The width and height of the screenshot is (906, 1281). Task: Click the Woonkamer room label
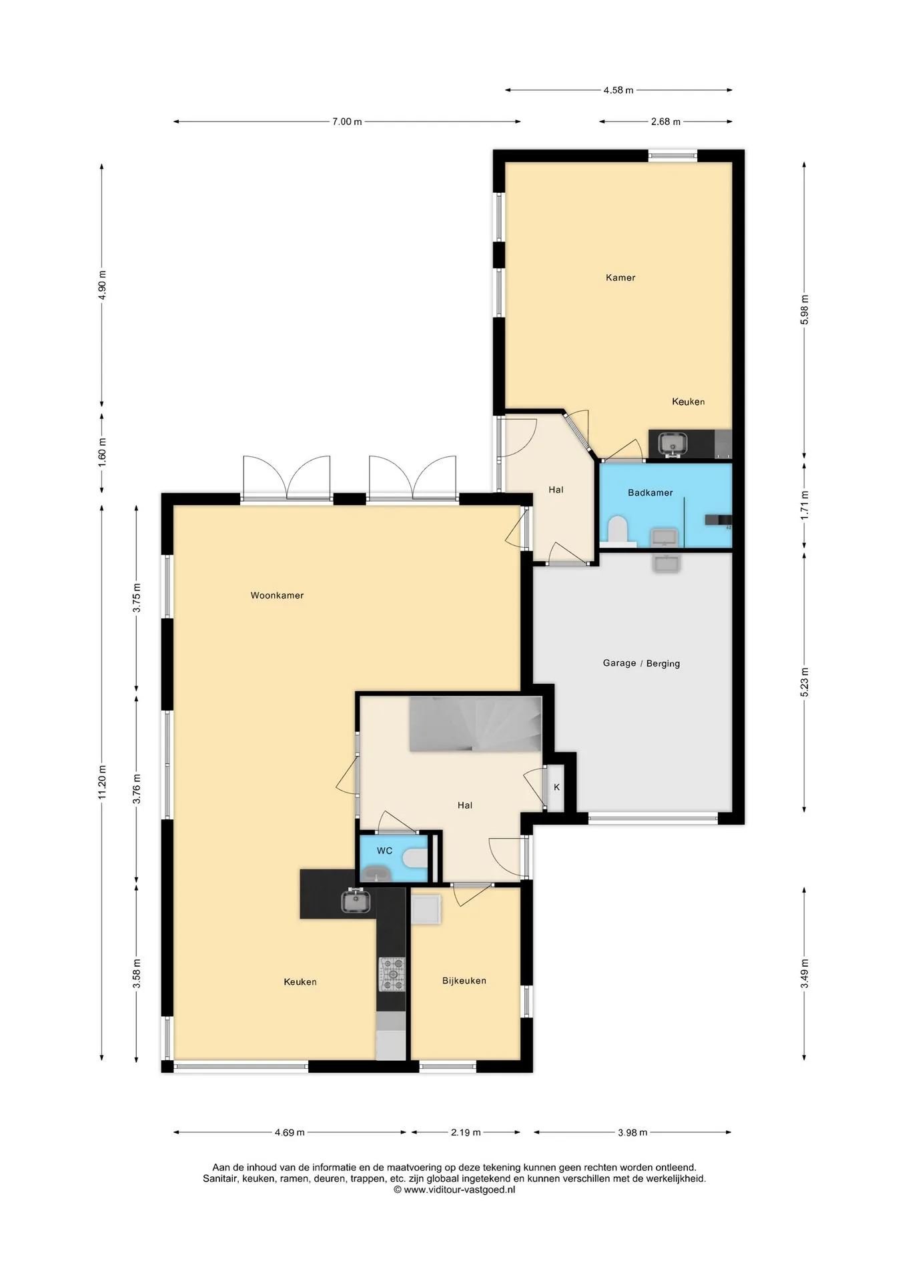pyautogui.click(x=277, y=595)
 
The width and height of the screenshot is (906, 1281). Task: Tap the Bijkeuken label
pyautogui.click(x=464, y=981)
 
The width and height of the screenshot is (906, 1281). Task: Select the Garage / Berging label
pyautogui.click(x=641, y=663)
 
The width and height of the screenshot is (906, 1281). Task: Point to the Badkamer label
pyautogui.click(x=650, y=493)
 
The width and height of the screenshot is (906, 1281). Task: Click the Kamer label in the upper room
pyautogui.click(x=620, y=278)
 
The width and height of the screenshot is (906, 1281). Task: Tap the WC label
pyautogui.click(x=384, y=851)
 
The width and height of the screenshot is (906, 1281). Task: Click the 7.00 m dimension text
pyautogui.click(x=347, y=121)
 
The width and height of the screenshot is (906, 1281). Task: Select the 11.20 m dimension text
pyautogui.click(x=102, y=781)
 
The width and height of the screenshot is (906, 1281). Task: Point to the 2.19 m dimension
pyautogui.click(x=466, y=1132)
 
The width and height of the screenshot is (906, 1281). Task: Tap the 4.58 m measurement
pyautogui.click(x=618, y=90)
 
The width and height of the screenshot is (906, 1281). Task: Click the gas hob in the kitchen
pyautogui.click(x=392, y=974)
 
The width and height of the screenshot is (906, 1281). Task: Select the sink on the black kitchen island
pyautogui.click(x=356, y=901)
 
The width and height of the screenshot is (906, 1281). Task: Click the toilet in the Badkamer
pyautogui.click(x=617, y=530)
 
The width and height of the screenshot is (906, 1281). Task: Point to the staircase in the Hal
pyautogui.click(x=475, y=724)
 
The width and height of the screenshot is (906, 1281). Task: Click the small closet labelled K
pyautogui.click(x=556, y=788)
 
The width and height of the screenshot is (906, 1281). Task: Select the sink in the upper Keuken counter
pyautogui.click(x=672, y=443)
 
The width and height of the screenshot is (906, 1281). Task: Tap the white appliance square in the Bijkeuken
pyautogui.click(x=426, y=909)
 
